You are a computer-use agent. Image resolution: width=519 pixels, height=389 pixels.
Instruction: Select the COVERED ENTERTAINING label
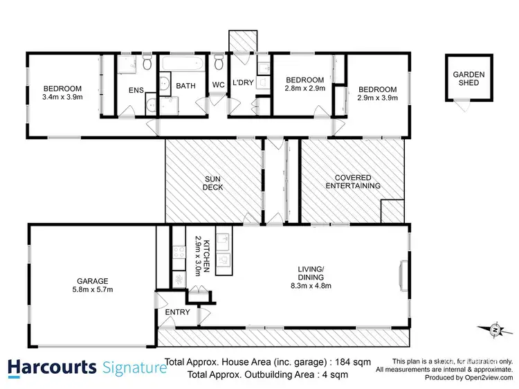coord(353,181)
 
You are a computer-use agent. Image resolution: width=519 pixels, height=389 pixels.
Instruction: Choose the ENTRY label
coord(178,312)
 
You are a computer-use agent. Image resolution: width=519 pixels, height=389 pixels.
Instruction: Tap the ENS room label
coord(136,90)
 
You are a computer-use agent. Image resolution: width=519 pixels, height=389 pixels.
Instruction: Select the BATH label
coord(185,87)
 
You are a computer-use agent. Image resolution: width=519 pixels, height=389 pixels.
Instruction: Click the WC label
coord(219,86)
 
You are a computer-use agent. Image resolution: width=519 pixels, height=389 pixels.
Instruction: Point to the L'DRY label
coord(242,83)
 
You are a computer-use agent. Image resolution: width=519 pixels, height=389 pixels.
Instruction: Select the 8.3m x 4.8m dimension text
coord(310,283)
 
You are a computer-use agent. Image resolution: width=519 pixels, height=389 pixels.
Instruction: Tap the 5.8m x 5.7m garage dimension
coord(92,291)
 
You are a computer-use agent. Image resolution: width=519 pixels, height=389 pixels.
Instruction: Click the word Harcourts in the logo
coord(53,367)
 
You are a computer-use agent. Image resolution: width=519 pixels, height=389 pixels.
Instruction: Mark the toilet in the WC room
coord(219,64)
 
